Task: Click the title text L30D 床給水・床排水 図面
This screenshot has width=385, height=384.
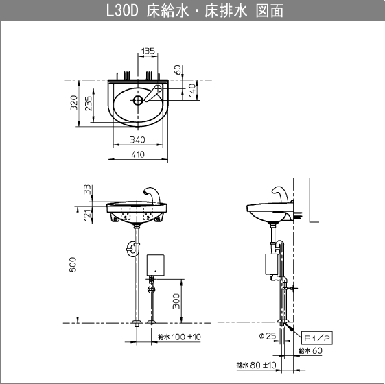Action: click(x=195, y=11)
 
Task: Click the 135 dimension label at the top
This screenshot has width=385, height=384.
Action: click(x=148, y=51)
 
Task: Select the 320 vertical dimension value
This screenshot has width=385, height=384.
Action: click(x=73, y=103)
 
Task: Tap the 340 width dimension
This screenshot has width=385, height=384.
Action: click(x=137, y=140)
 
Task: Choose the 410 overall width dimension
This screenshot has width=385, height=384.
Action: click(x=138, y=154)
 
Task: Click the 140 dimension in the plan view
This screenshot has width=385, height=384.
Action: click(x=192, y=91)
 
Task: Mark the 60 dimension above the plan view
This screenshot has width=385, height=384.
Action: click(x=178, y=70)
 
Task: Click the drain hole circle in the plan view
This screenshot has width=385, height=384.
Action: click(x=138, y=100)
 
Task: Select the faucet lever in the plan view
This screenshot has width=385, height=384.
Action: click(x=153, y=93)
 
